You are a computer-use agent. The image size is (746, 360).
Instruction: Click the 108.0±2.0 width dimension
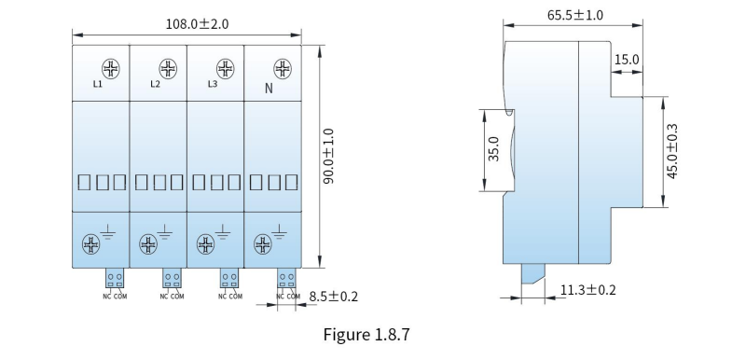(x=197, y=23)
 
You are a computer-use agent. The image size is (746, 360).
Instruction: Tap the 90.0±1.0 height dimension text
(x=328, y=156)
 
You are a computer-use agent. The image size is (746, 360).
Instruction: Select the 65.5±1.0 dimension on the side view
(x=574, y=15)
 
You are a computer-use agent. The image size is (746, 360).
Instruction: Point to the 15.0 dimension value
(x=627, y=60)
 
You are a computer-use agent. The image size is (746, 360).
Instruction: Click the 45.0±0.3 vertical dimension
(x=672, y=151)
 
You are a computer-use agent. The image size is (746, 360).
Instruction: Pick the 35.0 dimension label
(x=494, y=149)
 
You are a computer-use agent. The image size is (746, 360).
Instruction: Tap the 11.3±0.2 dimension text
(x=587, y=290)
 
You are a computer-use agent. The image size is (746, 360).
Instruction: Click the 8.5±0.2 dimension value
(x=334, y=297)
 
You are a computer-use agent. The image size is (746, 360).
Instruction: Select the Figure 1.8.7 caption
(x=366, y=334)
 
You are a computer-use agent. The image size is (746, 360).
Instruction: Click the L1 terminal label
(x=98, y=85)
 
